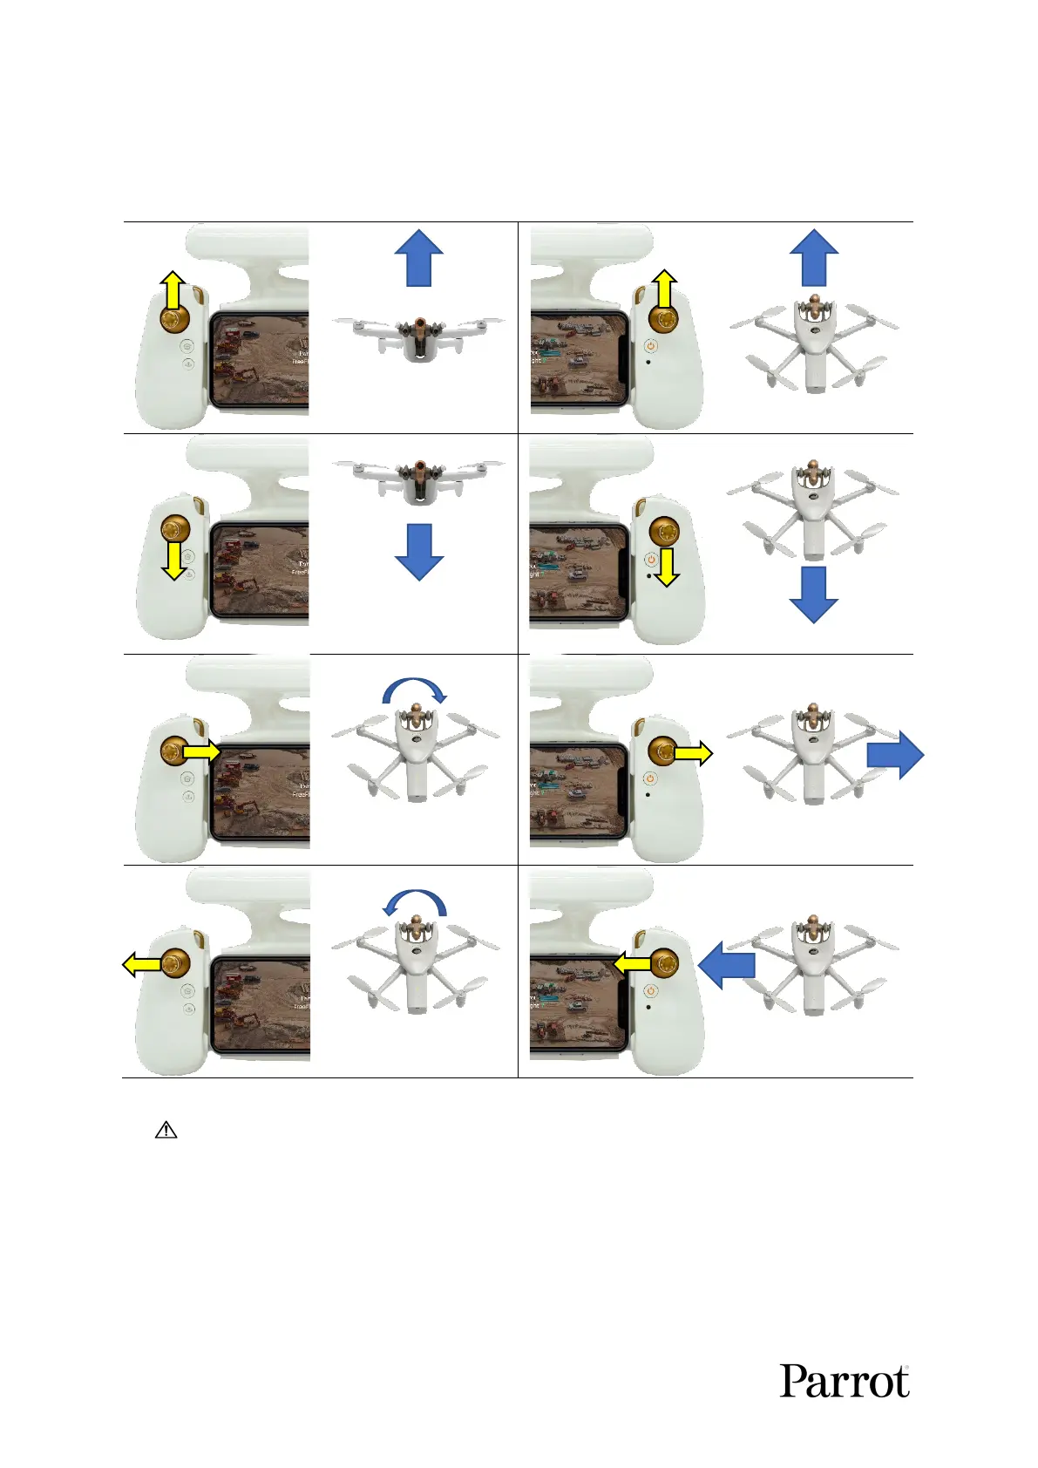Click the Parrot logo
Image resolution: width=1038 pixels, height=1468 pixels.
coord(844,1381)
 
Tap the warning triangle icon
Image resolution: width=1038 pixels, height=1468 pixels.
coord(166,1130)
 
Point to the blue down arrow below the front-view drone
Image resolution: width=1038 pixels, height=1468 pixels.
coord(419,552)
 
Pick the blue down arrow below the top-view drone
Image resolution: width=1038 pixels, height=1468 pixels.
coord(813,595)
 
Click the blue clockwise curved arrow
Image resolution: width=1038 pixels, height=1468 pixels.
coord(416,691)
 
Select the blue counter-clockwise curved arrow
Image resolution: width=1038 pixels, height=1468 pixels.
coord(416,903)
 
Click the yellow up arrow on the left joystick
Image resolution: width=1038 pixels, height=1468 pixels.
coord(173,289)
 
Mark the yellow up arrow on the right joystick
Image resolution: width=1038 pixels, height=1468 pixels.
coord(664,289)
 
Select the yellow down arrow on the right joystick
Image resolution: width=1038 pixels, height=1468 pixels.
coord(667,567)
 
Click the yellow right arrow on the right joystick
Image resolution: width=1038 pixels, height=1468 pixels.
coord(694,754)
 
